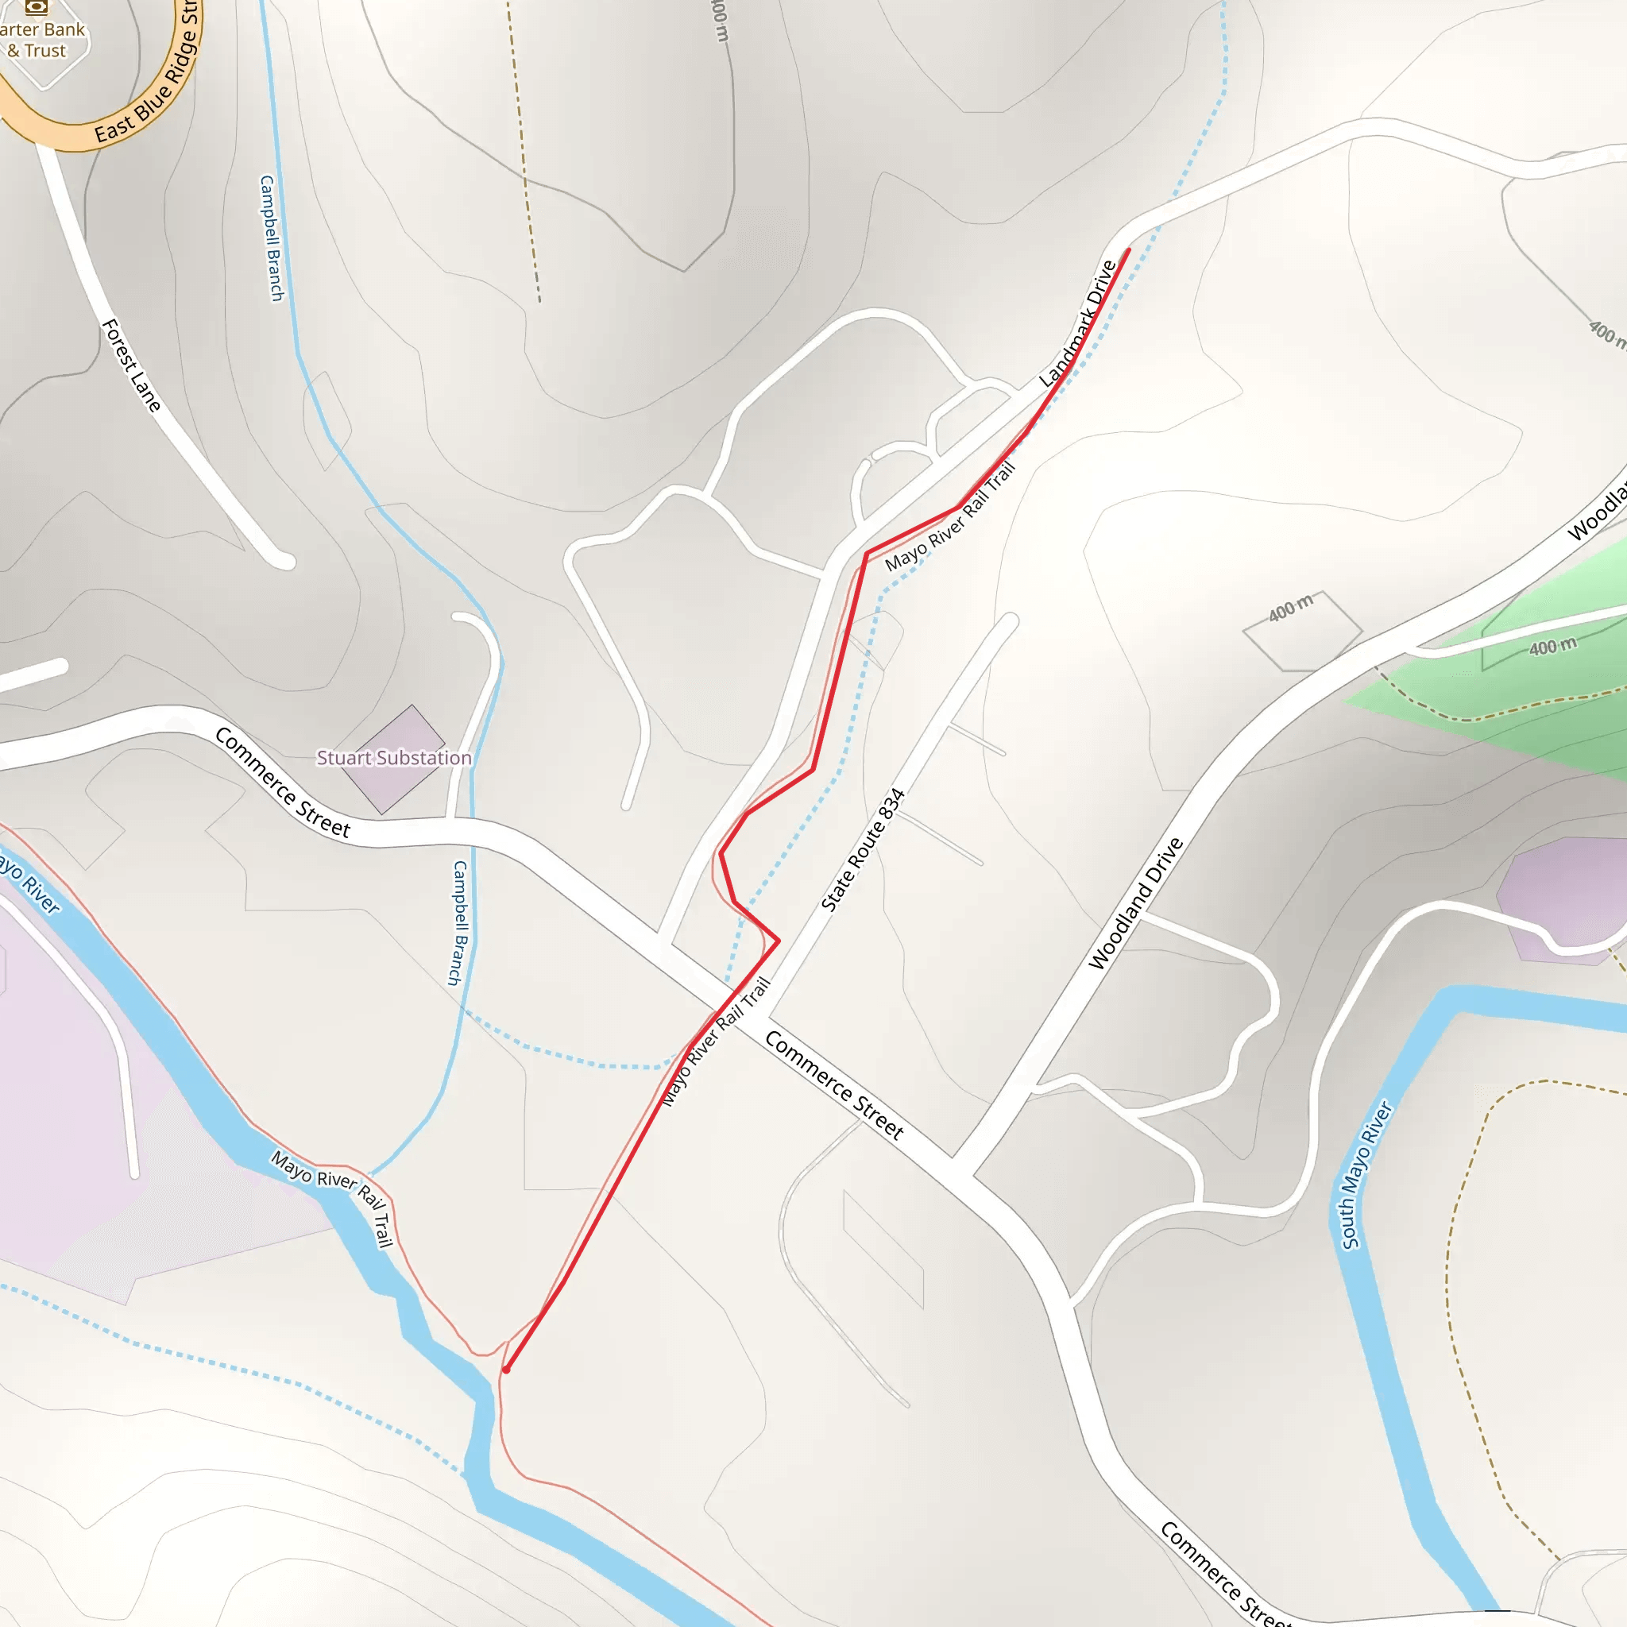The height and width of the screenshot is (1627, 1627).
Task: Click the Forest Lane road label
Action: pos(131,365)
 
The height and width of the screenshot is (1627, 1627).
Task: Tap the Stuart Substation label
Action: pos(393,758)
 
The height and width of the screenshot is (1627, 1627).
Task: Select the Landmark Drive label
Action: pos(1078,324)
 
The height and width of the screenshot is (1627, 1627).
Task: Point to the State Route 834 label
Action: pos(862,850)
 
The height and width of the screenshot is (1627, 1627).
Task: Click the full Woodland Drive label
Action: pos(1136,902)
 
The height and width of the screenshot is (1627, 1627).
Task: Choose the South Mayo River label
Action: pos(1366,1174)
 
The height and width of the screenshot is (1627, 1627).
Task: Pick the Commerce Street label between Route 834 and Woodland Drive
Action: pos(833,1085)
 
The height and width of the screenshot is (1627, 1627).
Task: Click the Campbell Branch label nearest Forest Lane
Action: pos(271,238)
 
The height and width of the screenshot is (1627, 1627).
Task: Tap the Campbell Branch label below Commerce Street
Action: pos(459,922)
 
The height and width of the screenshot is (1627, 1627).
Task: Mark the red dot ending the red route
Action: pos(506,1370)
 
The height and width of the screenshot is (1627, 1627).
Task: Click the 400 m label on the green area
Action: pos(1553,647)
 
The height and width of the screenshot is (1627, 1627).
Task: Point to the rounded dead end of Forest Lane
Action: pos(283,560)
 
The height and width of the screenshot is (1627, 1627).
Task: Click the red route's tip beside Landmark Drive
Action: pos(1128,249)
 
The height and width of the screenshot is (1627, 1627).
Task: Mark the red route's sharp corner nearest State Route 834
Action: pos(778,940)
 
